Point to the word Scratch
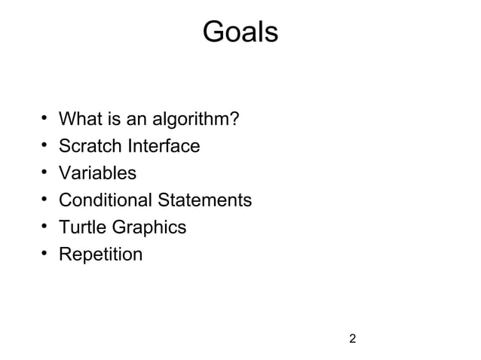coord(89,146)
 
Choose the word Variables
coord(97,173)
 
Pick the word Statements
coord(204,200)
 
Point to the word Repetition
coord(100,255)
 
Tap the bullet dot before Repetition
coord(45,254)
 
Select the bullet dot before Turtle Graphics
coord(45,227)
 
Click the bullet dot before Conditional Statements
coord(45,200)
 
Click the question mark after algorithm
coord(235,119)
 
